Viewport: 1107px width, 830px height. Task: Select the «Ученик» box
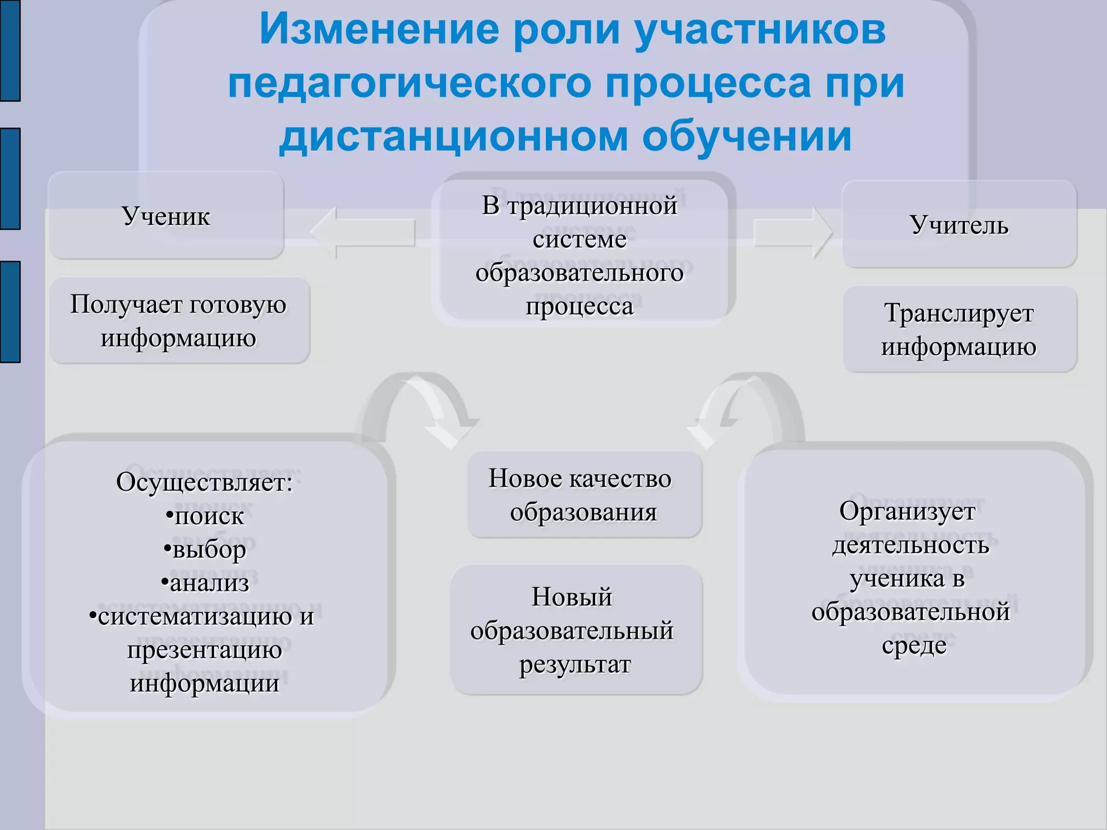coord(166,216)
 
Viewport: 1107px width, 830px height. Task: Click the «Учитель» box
coord(959,225)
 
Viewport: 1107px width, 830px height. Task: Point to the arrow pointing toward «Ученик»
coord(363,232)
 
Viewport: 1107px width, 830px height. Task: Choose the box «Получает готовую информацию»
coord(179,321)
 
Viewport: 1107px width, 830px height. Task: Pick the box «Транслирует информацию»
coord(959,330)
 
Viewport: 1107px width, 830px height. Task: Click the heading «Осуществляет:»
coord(204,482)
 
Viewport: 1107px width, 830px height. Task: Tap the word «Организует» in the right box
coord(907,511)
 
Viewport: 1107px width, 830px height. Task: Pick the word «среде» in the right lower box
coord(914,646)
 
